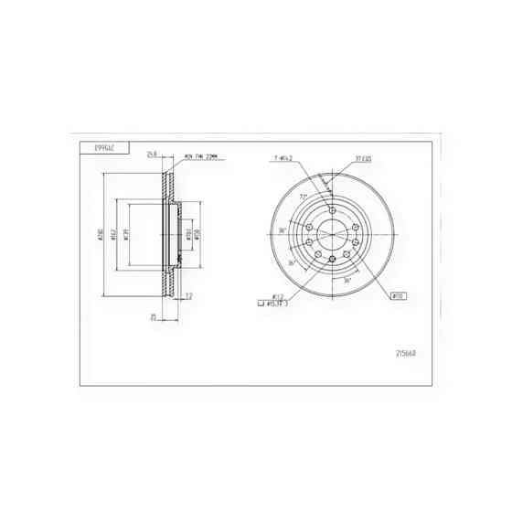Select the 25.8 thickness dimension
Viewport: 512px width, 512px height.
153,154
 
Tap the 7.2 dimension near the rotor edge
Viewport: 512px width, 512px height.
188,295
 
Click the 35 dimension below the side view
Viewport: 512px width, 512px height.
155,317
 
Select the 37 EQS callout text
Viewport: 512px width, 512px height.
363,158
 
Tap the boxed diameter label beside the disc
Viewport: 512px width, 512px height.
399,295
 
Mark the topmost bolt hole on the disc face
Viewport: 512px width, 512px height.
330,206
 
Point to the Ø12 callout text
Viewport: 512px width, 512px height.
275,295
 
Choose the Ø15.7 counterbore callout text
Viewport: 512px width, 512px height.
278,304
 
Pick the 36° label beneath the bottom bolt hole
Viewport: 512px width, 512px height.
347,282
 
